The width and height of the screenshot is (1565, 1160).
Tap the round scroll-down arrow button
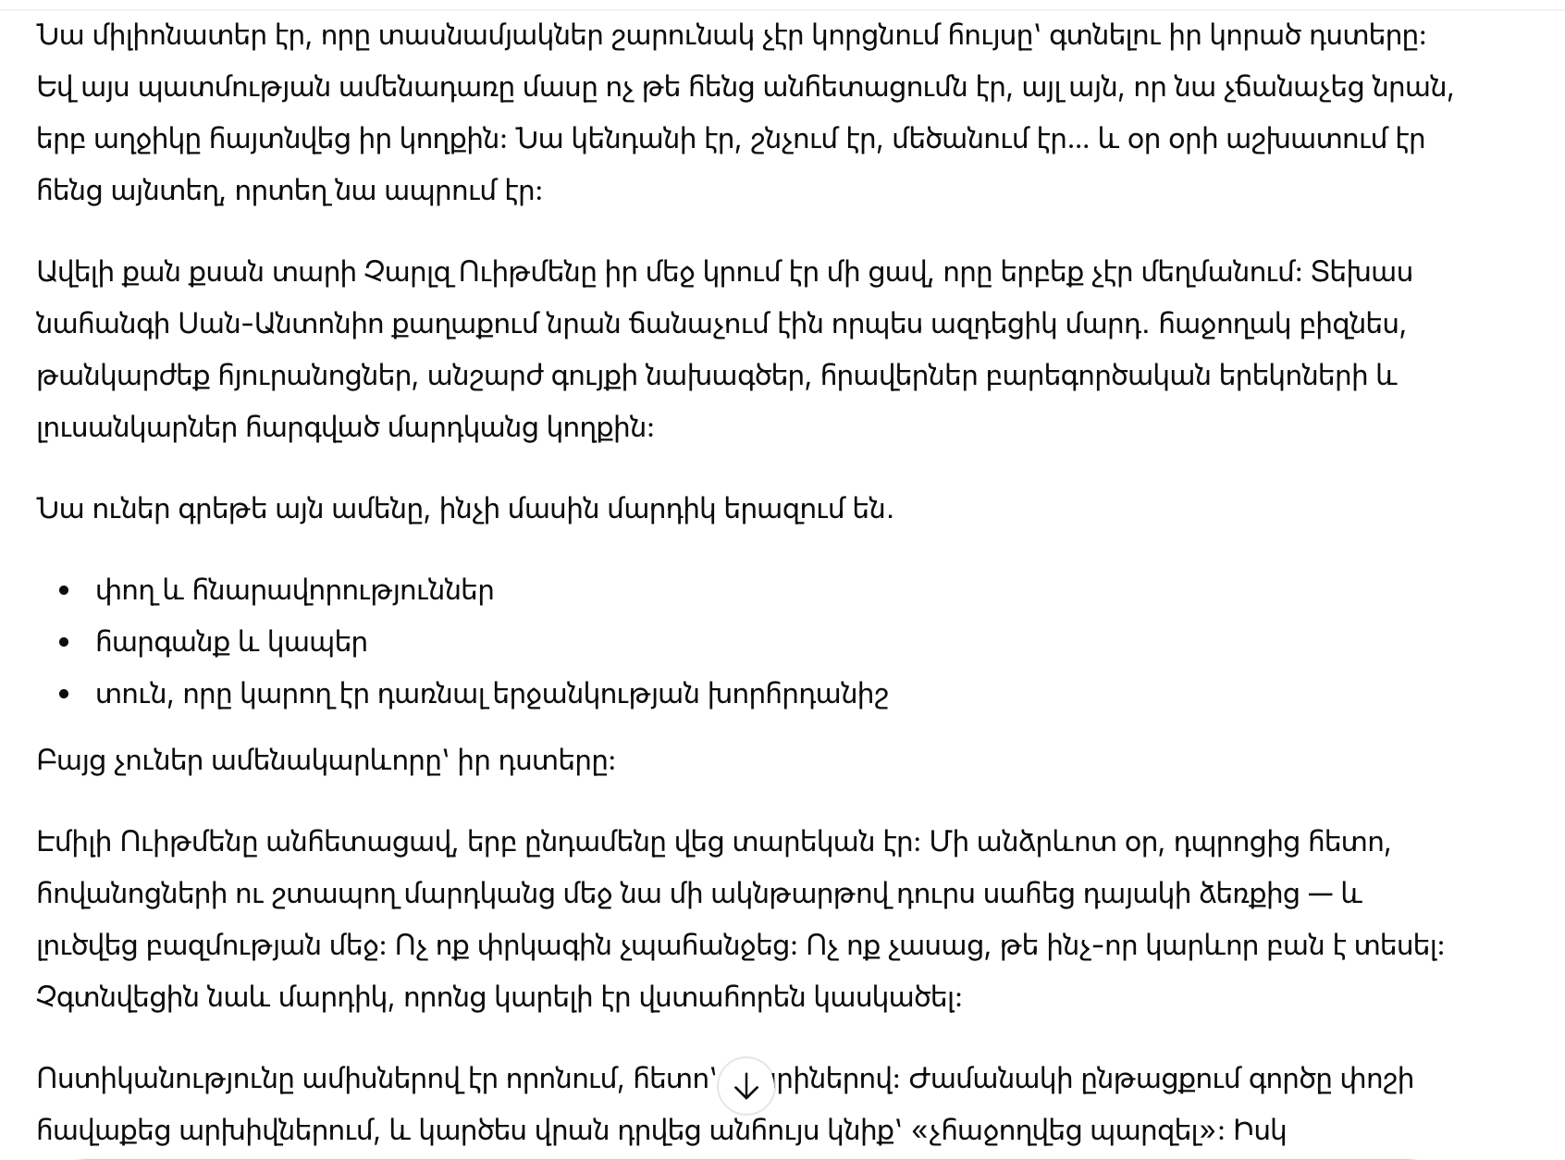(746, 1087)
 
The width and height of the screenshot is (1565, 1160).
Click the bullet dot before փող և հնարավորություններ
(64, 591)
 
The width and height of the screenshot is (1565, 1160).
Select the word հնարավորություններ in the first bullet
(343, 591)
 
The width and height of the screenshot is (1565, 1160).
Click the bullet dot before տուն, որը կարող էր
(64, 695)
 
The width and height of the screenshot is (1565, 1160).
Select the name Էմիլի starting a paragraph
(73, 843)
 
